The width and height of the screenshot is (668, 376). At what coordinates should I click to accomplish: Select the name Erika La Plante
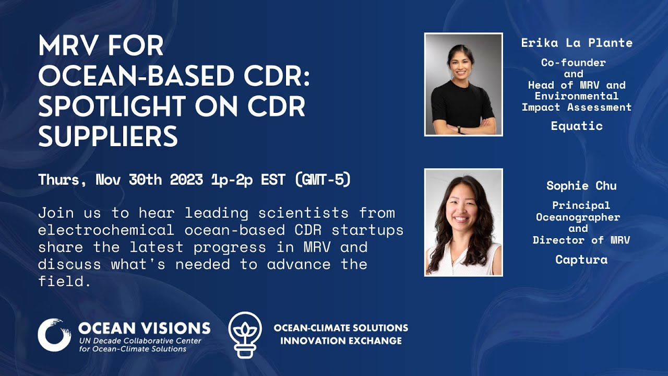pos(577,43)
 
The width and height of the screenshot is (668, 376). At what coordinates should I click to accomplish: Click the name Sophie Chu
pos(581,186)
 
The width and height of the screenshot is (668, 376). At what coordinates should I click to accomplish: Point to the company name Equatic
pos(577,126)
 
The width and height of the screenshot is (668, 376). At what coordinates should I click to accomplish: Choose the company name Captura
pos(581,260)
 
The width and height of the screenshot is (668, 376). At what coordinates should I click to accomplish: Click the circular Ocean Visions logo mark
pos(54,335)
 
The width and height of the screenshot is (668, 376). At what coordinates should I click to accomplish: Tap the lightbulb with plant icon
pos(245,335)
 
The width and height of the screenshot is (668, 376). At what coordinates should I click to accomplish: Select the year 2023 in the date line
pos(186,180)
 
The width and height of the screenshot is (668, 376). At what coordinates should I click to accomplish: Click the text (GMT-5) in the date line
pos(323,180)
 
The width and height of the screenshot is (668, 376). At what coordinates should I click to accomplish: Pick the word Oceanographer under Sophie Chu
pos(578,217)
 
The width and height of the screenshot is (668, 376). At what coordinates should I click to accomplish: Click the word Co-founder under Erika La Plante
pos(573,63)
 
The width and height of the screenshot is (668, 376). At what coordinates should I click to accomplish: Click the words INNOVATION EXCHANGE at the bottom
pos(341,341)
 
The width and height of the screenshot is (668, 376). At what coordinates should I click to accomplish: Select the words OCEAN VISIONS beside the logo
pos(144,328)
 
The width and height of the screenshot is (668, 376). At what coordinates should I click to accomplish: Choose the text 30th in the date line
pos(145,180)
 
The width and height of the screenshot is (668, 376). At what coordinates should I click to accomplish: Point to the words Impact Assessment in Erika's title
pos(577,108)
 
